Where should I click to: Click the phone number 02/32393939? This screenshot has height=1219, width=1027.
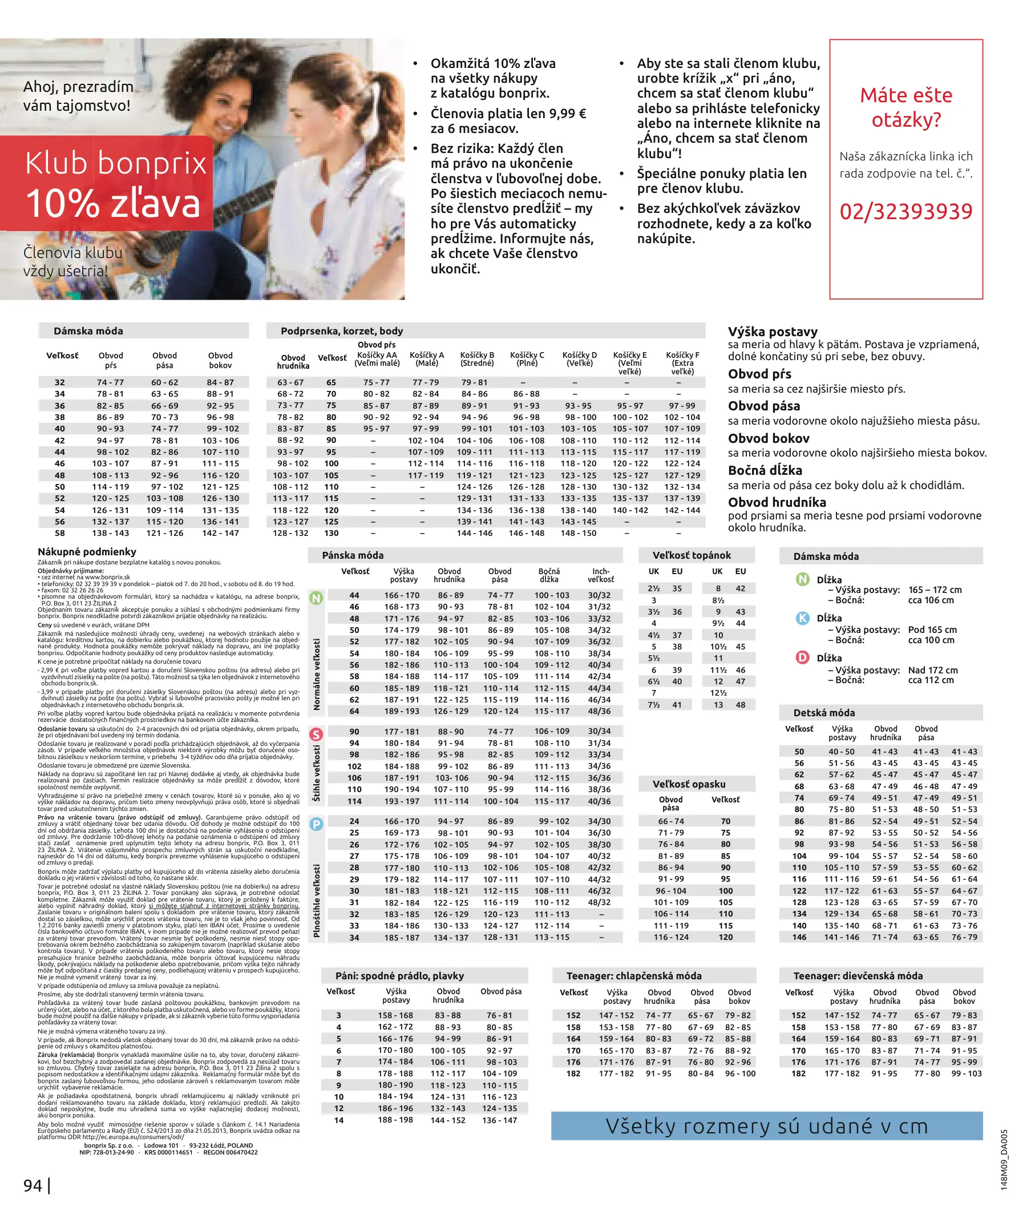click(x=905, y=211)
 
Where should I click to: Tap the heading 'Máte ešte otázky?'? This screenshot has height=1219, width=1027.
click(x=906, y=107)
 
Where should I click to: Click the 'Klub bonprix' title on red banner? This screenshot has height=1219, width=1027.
click(x=116, y=163)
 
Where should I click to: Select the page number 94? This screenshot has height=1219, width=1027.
click(x=33, y=1185)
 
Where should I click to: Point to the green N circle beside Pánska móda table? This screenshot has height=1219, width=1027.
click(x=316, y=598)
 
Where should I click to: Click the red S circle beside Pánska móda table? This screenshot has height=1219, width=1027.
click(x=316, y=734)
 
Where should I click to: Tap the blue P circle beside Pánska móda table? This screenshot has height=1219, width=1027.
click(x=316, y=824)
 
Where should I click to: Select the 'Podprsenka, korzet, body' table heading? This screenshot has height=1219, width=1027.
click(x=342, y=331)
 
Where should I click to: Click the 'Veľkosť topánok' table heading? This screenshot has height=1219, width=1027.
click(x=691, y=555)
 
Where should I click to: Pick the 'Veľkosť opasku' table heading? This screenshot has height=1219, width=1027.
click(x=689, y=784)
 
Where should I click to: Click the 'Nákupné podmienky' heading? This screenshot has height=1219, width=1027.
click(x=87, y=551)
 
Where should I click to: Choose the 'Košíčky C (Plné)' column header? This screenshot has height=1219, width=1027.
click(x=527, y=359)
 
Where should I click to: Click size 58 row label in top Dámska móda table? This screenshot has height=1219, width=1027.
click(x=60, y=533)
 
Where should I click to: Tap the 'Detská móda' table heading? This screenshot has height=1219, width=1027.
click(x=824, y=712)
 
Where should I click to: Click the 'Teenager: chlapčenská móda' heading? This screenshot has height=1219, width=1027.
click(x=634, y=975)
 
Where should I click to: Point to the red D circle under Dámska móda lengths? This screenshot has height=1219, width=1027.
click(x=802, y=657)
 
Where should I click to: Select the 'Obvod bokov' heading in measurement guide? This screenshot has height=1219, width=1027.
click(x=769, y=438)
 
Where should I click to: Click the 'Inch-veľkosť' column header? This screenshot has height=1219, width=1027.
click(x=600, y=575)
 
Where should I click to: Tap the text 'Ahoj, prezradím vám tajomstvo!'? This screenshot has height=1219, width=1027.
click(x=78, y=96)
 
